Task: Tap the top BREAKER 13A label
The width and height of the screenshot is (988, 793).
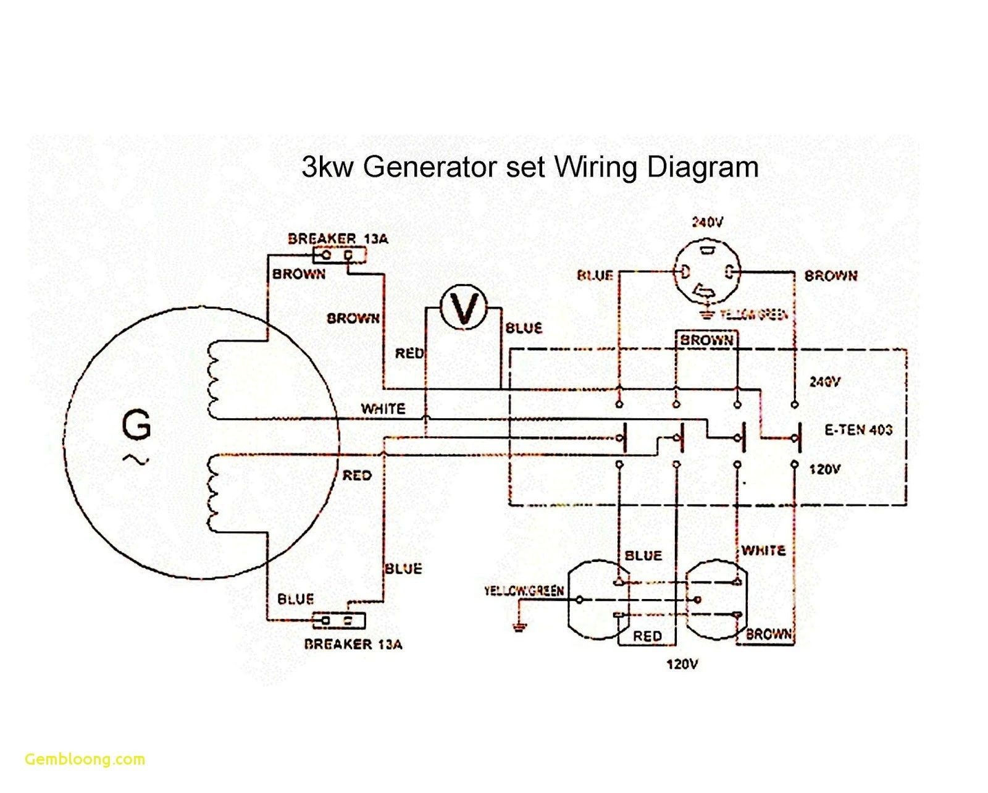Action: (338, 239)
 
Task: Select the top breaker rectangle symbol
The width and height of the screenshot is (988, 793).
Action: (339, 254)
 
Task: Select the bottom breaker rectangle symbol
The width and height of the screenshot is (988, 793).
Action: (339, 620)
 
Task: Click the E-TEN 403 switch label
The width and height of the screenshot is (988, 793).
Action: (858, 430)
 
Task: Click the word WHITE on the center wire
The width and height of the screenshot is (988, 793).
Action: (383, 409)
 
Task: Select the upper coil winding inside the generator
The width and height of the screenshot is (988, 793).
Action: (212, 379)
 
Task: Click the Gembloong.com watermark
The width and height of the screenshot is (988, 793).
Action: (85, 759)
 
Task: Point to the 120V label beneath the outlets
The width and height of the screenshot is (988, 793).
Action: (682, 665)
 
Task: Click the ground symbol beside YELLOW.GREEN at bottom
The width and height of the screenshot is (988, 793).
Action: (520, 628)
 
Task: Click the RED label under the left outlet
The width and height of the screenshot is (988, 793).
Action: (647, 636)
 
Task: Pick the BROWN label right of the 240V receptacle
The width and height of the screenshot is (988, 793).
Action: (831, 276)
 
